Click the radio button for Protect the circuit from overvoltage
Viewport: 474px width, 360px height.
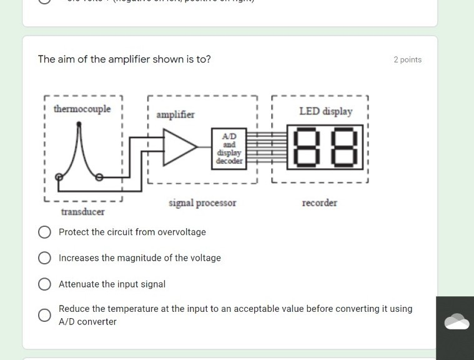[x=44, y=232]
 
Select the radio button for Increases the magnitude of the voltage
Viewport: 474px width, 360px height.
[x=44, y=258]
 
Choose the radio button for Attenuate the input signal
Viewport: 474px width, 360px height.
[x=44, y=284]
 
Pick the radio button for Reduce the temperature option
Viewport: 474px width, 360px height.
[x=44, y=315]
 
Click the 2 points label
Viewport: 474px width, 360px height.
[x=407, y=60]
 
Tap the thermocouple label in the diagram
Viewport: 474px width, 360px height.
[x=82, y=109]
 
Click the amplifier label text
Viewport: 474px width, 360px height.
[x=175, y=115]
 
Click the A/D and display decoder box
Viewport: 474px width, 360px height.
[x=229, y=148]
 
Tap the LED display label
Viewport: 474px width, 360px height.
[x=325, y=111]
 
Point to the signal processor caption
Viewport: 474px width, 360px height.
[x=202, y=203]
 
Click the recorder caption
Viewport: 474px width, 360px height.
[x=320, y=203]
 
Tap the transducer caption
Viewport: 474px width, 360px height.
[x=82, y=212]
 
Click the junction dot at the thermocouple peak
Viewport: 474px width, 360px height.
[x=78, y=124]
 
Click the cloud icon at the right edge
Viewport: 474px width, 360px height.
[x=457, y=321]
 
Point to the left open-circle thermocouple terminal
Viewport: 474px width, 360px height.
[x=59, y=177]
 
